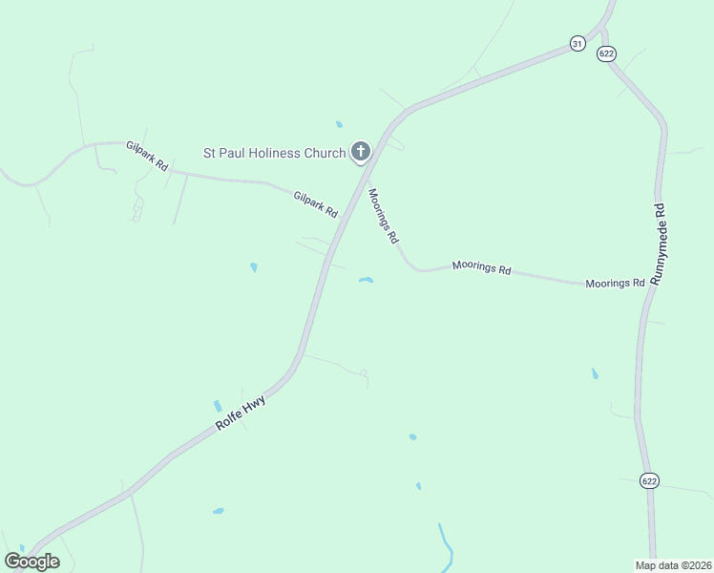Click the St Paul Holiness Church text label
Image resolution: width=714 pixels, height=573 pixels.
[x=274, y=153]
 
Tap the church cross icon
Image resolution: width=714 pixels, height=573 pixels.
[x=361, y=152]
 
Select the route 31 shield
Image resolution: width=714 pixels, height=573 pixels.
[x=577, y=43]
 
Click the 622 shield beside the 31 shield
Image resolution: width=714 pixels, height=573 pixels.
[x=607, y=53]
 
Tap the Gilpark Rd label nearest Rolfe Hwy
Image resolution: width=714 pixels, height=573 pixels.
[x=316, y=203]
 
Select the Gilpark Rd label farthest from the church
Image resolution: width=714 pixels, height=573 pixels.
[x=147, y=156]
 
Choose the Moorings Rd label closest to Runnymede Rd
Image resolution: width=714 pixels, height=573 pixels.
[x=615, y=284]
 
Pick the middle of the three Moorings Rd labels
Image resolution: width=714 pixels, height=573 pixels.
[x=481, y=268]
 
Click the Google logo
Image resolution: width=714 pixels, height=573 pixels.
[x=31, y=561]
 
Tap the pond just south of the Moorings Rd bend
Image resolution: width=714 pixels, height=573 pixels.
[x=366, y=280]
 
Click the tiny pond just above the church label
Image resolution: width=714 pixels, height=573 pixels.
[x=339, y=124]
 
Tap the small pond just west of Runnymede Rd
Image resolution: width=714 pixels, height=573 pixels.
[x=595, y=373]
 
